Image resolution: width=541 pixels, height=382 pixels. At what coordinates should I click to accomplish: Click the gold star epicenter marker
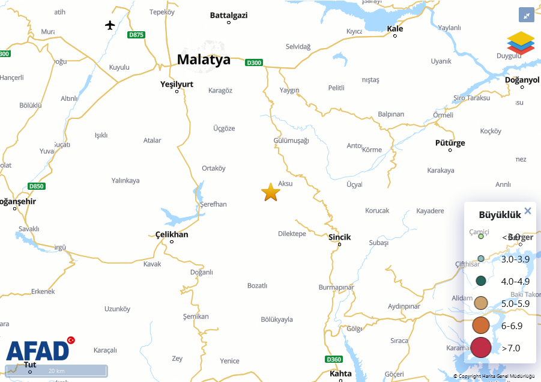coord(271,192)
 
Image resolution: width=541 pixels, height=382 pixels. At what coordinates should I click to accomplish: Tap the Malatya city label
coord(204,59)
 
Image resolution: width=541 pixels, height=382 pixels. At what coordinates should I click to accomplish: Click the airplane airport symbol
coord(110,25)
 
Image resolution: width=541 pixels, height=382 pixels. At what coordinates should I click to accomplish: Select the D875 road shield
coord(136,35)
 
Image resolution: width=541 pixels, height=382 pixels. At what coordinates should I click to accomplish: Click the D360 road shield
coord(334,359)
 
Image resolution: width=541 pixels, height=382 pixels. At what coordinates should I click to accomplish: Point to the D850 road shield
coord(37,186)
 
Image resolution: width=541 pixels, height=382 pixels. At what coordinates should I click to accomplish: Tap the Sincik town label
coord(339,237)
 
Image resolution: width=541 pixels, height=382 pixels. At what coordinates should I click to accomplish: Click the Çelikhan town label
coord(171,234)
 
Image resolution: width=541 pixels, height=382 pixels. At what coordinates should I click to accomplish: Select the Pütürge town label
coord(450,143)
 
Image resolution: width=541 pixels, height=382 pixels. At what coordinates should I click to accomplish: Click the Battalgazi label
coord(228,16)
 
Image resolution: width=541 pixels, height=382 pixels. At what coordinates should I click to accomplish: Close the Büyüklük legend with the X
coord(528,211)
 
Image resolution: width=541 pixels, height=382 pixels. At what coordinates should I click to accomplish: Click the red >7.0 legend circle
coord(481,348)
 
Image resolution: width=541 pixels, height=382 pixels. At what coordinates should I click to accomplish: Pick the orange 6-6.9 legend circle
coord(481,326)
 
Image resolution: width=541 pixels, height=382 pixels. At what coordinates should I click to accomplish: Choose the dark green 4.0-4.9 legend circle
coord(480,280)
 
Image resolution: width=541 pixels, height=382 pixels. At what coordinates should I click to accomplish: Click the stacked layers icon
coord(520,43)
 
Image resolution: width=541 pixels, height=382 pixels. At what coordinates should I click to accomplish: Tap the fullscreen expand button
coord(526,16)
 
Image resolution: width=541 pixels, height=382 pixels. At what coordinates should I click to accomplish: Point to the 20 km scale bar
coord(56,371)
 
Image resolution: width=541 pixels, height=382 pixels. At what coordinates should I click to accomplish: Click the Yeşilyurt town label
coord(177,84)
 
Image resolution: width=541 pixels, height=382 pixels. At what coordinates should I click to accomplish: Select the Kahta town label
coord(340,374)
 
